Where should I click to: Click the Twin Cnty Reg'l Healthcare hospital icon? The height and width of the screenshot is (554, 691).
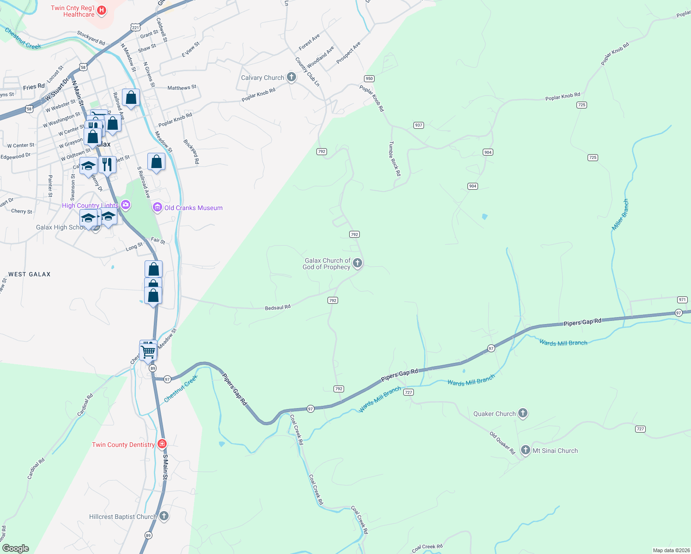pos(102,10)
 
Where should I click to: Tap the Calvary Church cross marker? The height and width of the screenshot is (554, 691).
pos(291,77)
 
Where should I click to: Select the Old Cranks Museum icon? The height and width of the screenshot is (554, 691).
pos(158,207)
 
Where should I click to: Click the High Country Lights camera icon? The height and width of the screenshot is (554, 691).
pos(125,205)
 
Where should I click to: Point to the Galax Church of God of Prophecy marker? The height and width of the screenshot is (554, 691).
pos(357,263)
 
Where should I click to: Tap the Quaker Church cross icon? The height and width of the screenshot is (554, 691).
pos(522,413)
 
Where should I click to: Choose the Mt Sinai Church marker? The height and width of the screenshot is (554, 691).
pos(525,450)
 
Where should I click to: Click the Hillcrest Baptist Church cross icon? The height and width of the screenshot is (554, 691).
pos(164,516)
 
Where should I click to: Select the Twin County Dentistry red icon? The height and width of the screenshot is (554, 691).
pos(162,444)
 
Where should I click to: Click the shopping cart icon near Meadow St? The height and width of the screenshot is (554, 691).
pos(148,351)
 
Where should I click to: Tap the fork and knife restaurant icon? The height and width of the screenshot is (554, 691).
pos(107,164)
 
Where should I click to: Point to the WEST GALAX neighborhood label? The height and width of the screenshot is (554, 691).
pos(30,274)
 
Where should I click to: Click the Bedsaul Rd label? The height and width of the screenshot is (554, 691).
pos(278,307)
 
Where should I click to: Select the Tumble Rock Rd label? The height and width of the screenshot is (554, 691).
pos(394,158)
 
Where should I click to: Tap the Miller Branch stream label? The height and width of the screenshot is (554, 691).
pos(620,215)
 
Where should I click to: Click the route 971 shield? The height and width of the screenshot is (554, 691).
pos(682,300)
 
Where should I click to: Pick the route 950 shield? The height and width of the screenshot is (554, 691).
pos(369,78)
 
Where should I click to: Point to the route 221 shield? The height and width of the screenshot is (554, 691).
pos(135,28)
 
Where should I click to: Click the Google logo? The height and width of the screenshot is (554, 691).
pos(16,548)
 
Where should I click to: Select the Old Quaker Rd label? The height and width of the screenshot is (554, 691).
pos(502,443)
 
